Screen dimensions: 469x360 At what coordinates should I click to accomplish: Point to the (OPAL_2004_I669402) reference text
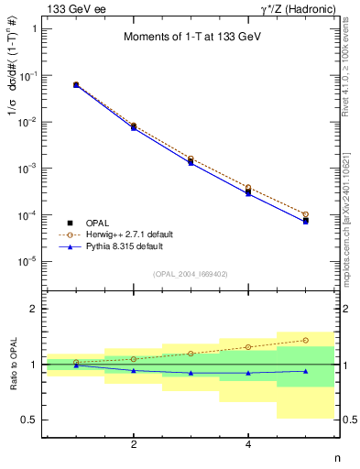[191, 273]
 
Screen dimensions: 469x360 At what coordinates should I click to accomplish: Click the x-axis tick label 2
[134, 444]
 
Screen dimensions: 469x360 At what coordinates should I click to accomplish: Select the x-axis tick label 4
[248, 444]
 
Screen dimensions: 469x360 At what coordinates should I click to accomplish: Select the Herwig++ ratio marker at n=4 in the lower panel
[248, 347]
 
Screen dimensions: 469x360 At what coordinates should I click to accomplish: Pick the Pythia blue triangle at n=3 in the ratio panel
[191, 373]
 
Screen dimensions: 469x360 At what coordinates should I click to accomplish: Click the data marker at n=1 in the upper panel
[76, 84]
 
